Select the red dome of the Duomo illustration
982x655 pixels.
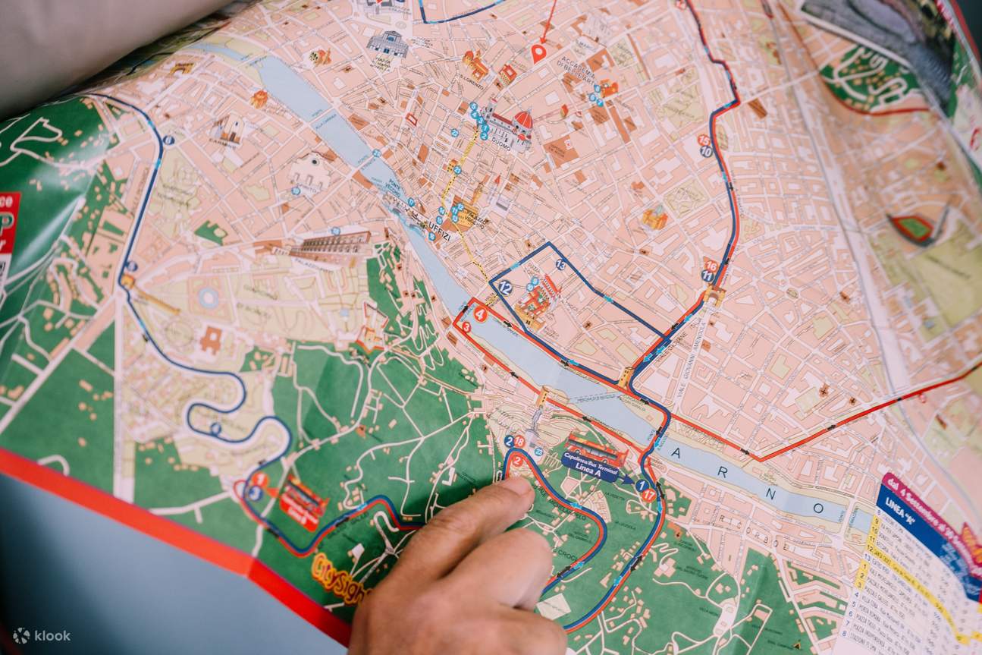tap(523, 120)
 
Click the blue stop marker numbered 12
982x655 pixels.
tap(505, 287)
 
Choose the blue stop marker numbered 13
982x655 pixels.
tap(560, 264)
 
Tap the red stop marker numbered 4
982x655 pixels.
tap(479, 313)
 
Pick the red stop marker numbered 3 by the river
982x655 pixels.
tap(466, 327)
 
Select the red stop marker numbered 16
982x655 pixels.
tap(710, 265)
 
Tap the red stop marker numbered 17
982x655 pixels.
tap(648, 495)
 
